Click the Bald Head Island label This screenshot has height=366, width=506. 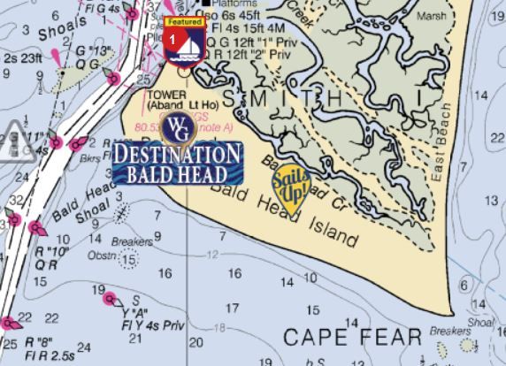295,215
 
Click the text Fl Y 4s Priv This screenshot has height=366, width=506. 149,325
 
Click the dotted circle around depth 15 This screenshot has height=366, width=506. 129,260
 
